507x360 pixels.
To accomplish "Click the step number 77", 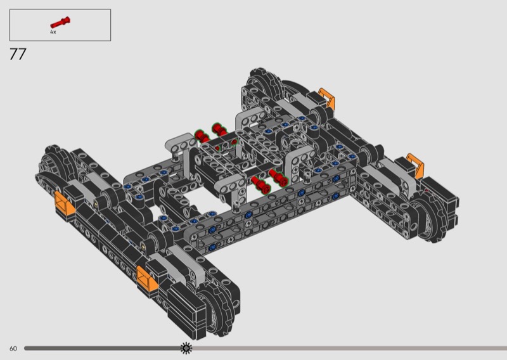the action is [x=18, y=54].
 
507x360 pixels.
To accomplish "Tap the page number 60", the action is [x=13, y=349].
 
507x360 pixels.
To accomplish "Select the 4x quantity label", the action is [x=53, y=32].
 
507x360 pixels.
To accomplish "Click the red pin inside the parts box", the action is [x=60, y=22].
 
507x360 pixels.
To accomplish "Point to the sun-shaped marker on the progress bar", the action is [x=186, y=348].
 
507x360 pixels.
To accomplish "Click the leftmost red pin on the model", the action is [x=202, y=136].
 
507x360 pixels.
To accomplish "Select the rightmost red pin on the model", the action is [x=278, y=177].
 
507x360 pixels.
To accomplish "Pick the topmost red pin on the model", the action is [x=219, y=129].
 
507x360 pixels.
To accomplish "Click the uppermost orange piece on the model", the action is [x=327, y=97].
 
